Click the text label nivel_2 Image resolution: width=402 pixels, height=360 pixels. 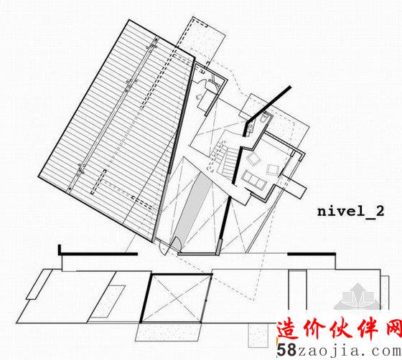pos(350,212)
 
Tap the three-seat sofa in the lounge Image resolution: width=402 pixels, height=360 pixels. pos(254,180)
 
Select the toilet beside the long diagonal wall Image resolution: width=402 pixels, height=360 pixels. pos(264,118)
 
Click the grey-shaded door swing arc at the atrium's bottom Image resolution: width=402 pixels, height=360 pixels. pos(176,243)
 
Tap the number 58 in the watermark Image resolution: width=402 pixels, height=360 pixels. pos(286,350)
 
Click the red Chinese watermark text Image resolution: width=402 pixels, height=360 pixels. pos(339,329)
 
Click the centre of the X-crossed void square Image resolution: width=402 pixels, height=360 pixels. pos(176,298)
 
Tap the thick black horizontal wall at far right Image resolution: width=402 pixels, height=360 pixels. pos(312,254)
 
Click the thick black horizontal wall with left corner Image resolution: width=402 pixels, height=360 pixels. pos(98,253)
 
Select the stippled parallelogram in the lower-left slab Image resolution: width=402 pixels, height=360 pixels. pos(107,302)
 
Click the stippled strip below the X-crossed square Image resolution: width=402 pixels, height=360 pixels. pos(168,332)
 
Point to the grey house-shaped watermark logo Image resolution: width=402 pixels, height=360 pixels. pos(358,297)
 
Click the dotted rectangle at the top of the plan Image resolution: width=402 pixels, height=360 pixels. pos(202,39)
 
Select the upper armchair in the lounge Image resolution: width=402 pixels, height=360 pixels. pos(253,158)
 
